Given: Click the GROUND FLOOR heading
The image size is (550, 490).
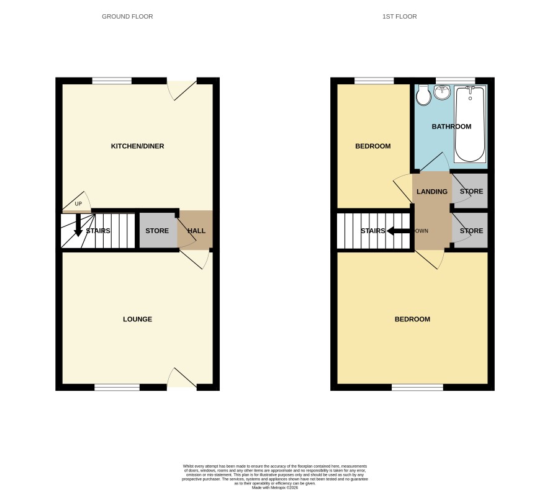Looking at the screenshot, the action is [x=127, y=17].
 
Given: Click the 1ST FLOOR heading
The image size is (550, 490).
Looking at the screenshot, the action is [x=400, y=17].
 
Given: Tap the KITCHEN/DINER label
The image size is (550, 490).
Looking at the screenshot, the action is [x=138, y=146].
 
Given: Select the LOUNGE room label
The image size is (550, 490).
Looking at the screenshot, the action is [x=138, y=319].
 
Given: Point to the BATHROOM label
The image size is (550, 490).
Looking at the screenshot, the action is [x=451, y=127].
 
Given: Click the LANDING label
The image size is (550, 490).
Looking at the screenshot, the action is [x=432, y=192].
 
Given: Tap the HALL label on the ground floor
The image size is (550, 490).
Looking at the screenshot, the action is [x=196, y=231].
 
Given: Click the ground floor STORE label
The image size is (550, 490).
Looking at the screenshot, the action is [x=157, y=231].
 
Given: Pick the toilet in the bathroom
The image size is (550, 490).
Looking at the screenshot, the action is [x=424, y=95].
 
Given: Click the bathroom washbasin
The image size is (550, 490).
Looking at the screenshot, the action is [x=442, y=92].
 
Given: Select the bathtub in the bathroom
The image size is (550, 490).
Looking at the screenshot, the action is [x=470, y=124].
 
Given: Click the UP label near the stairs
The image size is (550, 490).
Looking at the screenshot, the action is [x=78, y=203].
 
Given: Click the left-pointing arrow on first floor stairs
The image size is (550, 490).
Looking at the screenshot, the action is [x=398, y=231].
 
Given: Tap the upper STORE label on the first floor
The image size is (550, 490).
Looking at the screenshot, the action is [x=471, y=192].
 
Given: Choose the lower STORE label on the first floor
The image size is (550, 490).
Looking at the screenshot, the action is [x=471, y=231].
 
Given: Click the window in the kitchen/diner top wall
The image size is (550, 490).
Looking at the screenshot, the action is [x=112, y=81].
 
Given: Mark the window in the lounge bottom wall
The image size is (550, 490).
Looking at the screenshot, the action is [x=117, y=387].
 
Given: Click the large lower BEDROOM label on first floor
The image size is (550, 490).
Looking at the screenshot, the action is [x=412, y=319].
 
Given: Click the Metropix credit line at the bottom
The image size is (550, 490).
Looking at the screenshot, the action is [x=275, y=488].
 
